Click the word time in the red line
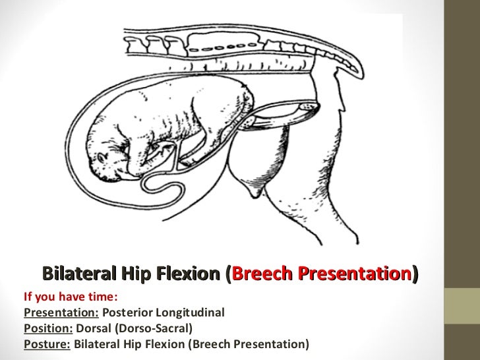[103, 297]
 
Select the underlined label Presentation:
[61, 313]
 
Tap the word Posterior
[127, 313]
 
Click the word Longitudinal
[190, 313]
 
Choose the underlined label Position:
[48, 328]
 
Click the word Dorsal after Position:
[94, 328]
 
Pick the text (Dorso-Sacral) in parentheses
[154, 328]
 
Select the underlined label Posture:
[47, 344]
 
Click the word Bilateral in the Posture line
[97, 344]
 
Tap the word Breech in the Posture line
[212, 344]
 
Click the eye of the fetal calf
[102, 158]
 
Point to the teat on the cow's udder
[255, 193]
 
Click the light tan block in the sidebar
[462, 306]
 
